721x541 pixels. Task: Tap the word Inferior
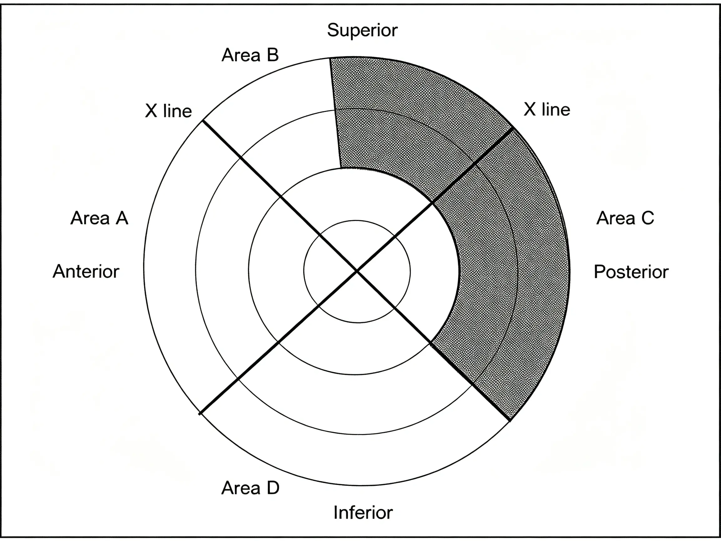point(363,513)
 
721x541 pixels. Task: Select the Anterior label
point(86,271)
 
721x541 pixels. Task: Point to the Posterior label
point(631,272)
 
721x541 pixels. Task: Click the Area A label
point(100,218)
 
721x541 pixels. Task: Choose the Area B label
point(250,55)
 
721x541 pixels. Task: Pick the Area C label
point(625,218)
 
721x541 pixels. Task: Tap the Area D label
point(250,488)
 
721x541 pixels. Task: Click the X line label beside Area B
point(168,111)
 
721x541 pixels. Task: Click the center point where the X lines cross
point(357,271)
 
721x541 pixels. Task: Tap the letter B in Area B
point(273,55)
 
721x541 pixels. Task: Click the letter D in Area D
point(273,488)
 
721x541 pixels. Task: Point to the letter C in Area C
point(648,218)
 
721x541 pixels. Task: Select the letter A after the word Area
point(122,218)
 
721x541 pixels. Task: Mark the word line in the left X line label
point(177,111)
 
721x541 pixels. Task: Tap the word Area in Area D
point(241,488)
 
